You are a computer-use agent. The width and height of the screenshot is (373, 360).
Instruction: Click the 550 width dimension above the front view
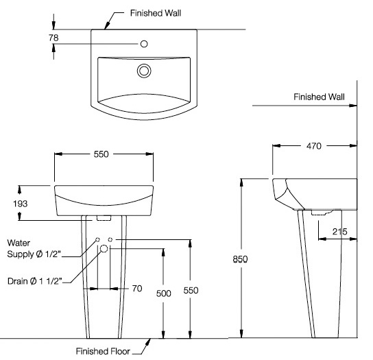101,154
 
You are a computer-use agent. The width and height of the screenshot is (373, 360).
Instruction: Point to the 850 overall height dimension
240,259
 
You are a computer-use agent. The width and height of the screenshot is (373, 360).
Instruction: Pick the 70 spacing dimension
136,289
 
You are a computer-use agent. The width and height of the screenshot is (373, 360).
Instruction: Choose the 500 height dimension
163,292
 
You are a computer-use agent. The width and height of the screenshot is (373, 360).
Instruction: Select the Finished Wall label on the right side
319,97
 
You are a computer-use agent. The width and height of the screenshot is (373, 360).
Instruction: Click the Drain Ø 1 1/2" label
34,280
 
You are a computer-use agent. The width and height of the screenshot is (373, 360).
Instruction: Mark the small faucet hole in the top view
144,45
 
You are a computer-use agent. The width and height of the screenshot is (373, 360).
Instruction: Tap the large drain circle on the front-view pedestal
104,249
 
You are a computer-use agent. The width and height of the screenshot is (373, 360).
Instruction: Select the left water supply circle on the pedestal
98,239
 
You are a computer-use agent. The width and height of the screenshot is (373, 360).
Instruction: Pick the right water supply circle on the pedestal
110,239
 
